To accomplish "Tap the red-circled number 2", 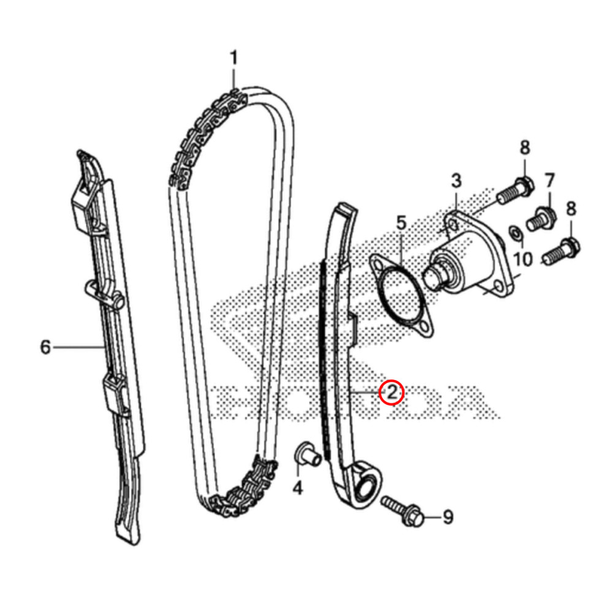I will pos(391,392).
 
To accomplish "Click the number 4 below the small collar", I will pos(297,489).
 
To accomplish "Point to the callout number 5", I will pos(401,223).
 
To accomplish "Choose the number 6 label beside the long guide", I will pos(45,348).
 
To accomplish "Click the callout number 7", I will pos(549,181).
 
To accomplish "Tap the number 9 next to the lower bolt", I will pos(448,518).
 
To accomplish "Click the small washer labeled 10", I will pos(516,232).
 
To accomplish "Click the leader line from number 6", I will pos(80,348).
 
